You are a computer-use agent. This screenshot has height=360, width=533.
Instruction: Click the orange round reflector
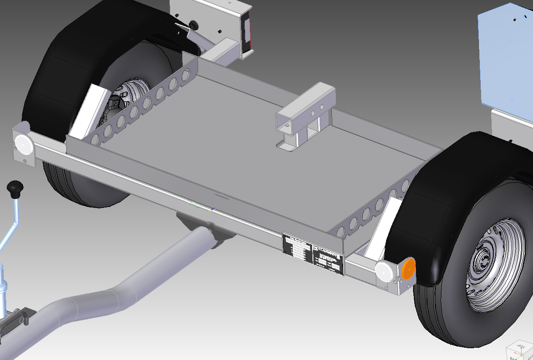click(x=408, y=270)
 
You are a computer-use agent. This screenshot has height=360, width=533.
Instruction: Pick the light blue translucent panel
click(x=505, y=59)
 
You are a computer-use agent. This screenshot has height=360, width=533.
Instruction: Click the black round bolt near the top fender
click(x=194, y=25)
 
